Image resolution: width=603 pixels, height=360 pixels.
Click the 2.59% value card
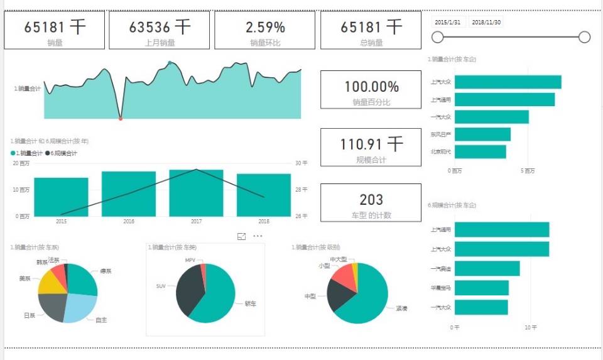coord(265,28)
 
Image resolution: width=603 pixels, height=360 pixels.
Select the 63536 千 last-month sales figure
coord(160,27)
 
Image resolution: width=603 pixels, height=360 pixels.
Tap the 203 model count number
coord(371,200)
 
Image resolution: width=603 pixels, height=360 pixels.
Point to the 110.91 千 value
coord(371,145)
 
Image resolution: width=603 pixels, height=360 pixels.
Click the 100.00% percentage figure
coord(371,87)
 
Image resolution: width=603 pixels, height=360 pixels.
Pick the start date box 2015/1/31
coord(448,22)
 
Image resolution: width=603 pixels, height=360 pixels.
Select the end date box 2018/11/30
coord(486,22)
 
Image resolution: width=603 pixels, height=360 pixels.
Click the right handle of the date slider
coord(584,37)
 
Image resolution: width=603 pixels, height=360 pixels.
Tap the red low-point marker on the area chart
coord(121,118)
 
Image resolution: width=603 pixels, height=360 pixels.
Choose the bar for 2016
coord(129,194)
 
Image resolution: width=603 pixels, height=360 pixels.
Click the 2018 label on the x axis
coord(263,221)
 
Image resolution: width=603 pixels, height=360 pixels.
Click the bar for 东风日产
coord(482,134)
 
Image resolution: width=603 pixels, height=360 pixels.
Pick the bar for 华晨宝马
coord(481,288)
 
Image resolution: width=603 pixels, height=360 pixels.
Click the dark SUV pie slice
coord(189,292)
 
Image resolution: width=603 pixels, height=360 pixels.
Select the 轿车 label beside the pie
coord(249,303)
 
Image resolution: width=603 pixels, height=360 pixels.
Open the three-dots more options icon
coord(258,236)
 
